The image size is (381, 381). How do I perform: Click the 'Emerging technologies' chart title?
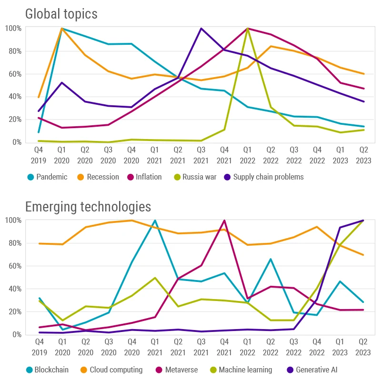pos(88,206)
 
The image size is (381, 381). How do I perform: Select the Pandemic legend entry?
pos(48,177)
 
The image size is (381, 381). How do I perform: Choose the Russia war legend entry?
pos(195,177)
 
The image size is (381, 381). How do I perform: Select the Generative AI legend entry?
pos(312,370)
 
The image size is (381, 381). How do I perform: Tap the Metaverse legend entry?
pos(178,370)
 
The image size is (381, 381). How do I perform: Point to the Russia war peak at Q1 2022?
pos(248,28)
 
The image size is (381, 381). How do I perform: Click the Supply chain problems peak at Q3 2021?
pos(201,28)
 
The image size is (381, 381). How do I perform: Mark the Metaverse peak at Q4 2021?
pos(224,221)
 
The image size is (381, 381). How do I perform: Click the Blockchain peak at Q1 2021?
pos(155,221)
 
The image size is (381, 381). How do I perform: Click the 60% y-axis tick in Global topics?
pos(14,74)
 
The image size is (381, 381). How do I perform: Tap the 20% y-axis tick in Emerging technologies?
pos(14,312)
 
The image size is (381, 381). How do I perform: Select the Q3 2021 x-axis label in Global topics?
pos(201,156)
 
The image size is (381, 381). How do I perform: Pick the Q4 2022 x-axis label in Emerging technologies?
pos(317,348)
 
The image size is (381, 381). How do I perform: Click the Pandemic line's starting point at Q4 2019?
pos(39,132)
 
